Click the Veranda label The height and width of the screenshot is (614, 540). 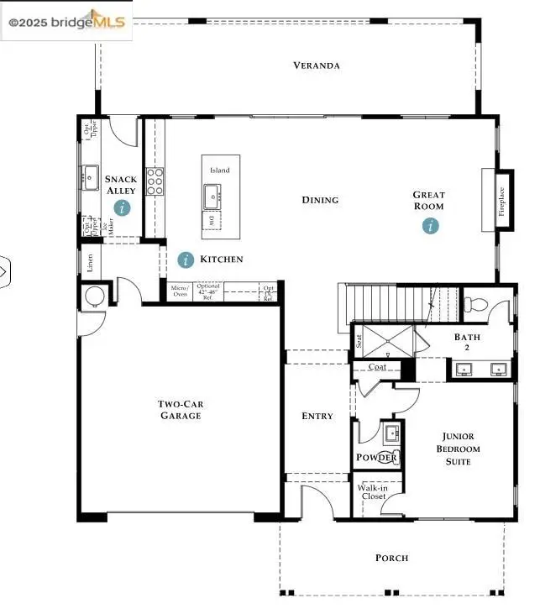pos(316,66)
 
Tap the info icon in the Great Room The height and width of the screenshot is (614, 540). pos(431,225)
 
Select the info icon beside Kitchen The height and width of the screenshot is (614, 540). pos(186,260)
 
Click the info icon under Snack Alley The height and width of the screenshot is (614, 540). pos(123,207)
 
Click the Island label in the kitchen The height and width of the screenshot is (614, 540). pos(220,171)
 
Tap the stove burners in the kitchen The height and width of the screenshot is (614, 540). pos(155,181)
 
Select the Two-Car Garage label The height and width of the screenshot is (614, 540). pos(181,410)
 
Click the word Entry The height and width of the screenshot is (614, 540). pos(317,416)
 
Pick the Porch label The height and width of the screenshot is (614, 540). pos(391,558)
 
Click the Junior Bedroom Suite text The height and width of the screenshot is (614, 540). pos(459,449)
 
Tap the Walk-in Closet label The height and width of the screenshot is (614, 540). pos(372,491)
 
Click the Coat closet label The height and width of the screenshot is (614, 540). pos(375,366)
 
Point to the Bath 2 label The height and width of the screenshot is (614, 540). pos(467,343)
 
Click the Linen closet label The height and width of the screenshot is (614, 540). pos(90,262)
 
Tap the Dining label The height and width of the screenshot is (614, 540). pos(320,200)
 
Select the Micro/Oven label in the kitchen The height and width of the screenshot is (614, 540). pos(180,291)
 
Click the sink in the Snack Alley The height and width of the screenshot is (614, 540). pos(91,176)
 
